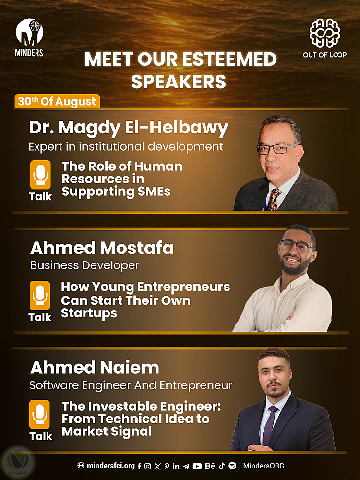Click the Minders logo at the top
tap(29, 37)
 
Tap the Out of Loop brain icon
tap(324, 33)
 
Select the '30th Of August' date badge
tap(57, 101)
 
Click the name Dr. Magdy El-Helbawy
tap(129, 128)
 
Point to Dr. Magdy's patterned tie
tap(274, 199)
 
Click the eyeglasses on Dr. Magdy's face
tap(276, 149)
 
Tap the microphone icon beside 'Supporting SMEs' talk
tap(40, 175)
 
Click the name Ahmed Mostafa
tap(102, 248)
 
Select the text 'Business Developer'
tap(85, 265)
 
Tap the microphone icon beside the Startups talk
tap(40, 295)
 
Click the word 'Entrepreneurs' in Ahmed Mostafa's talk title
tap(184, 288)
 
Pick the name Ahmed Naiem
tap(95, 368)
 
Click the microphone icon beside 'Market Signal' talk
tap(39, 415)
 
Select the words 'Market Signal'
tap(107, 432)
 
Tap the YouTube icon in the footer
tap(197, 466)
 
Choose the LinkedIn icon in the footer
tap(176, 466)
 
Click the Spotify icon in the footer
tap(232, 466)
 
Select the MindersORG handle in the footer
tap(264, 466)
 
